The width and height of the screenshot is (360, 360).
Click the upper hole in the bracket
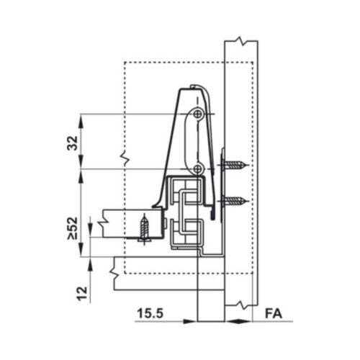pyautogui.click(x=199, y=114)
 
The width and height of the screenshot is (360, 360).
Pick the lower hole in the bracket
pyautogui.click(x=199, y=168)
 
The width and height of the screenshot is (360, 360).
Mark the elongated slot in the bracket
pyautogui.click(x=189, y=140)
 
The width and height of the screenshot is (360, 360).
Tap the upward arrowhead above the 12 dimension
pyautogui.click(x=89, y=264)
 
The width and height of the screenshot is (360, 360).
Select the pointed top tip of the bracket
pyautogui.click(x=191, y=86)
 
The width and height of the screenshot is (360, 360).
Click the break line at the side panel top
pyautogui.click(x=240, y=38)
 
